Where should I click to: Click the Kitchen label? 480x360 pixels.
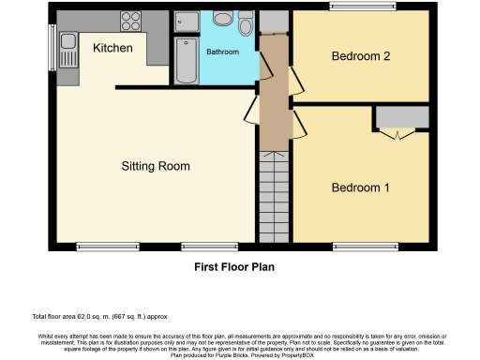(112, 48)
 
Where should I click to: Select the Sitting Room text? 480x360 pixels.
(156, 166)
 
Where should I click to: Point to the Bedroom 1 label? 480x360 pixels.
(361, 187)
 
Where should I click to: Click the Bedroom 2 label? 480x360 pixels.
(361, 56)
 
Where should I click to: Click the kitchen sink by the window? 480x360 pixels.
(67, 42)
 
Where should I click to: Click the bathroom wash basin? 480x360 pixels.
(223, 20)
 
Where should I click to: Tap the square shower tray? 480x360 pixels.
(186, 23)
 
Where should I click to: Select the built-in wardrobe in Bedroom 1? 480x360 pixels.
(401, 118)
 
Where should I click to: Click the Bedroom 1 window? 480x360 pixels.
(361, 247)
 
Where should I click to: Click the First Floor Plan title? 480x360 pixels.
(234, 266)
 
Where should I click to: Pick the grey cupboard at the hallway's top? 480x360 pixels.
(274, 21)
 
